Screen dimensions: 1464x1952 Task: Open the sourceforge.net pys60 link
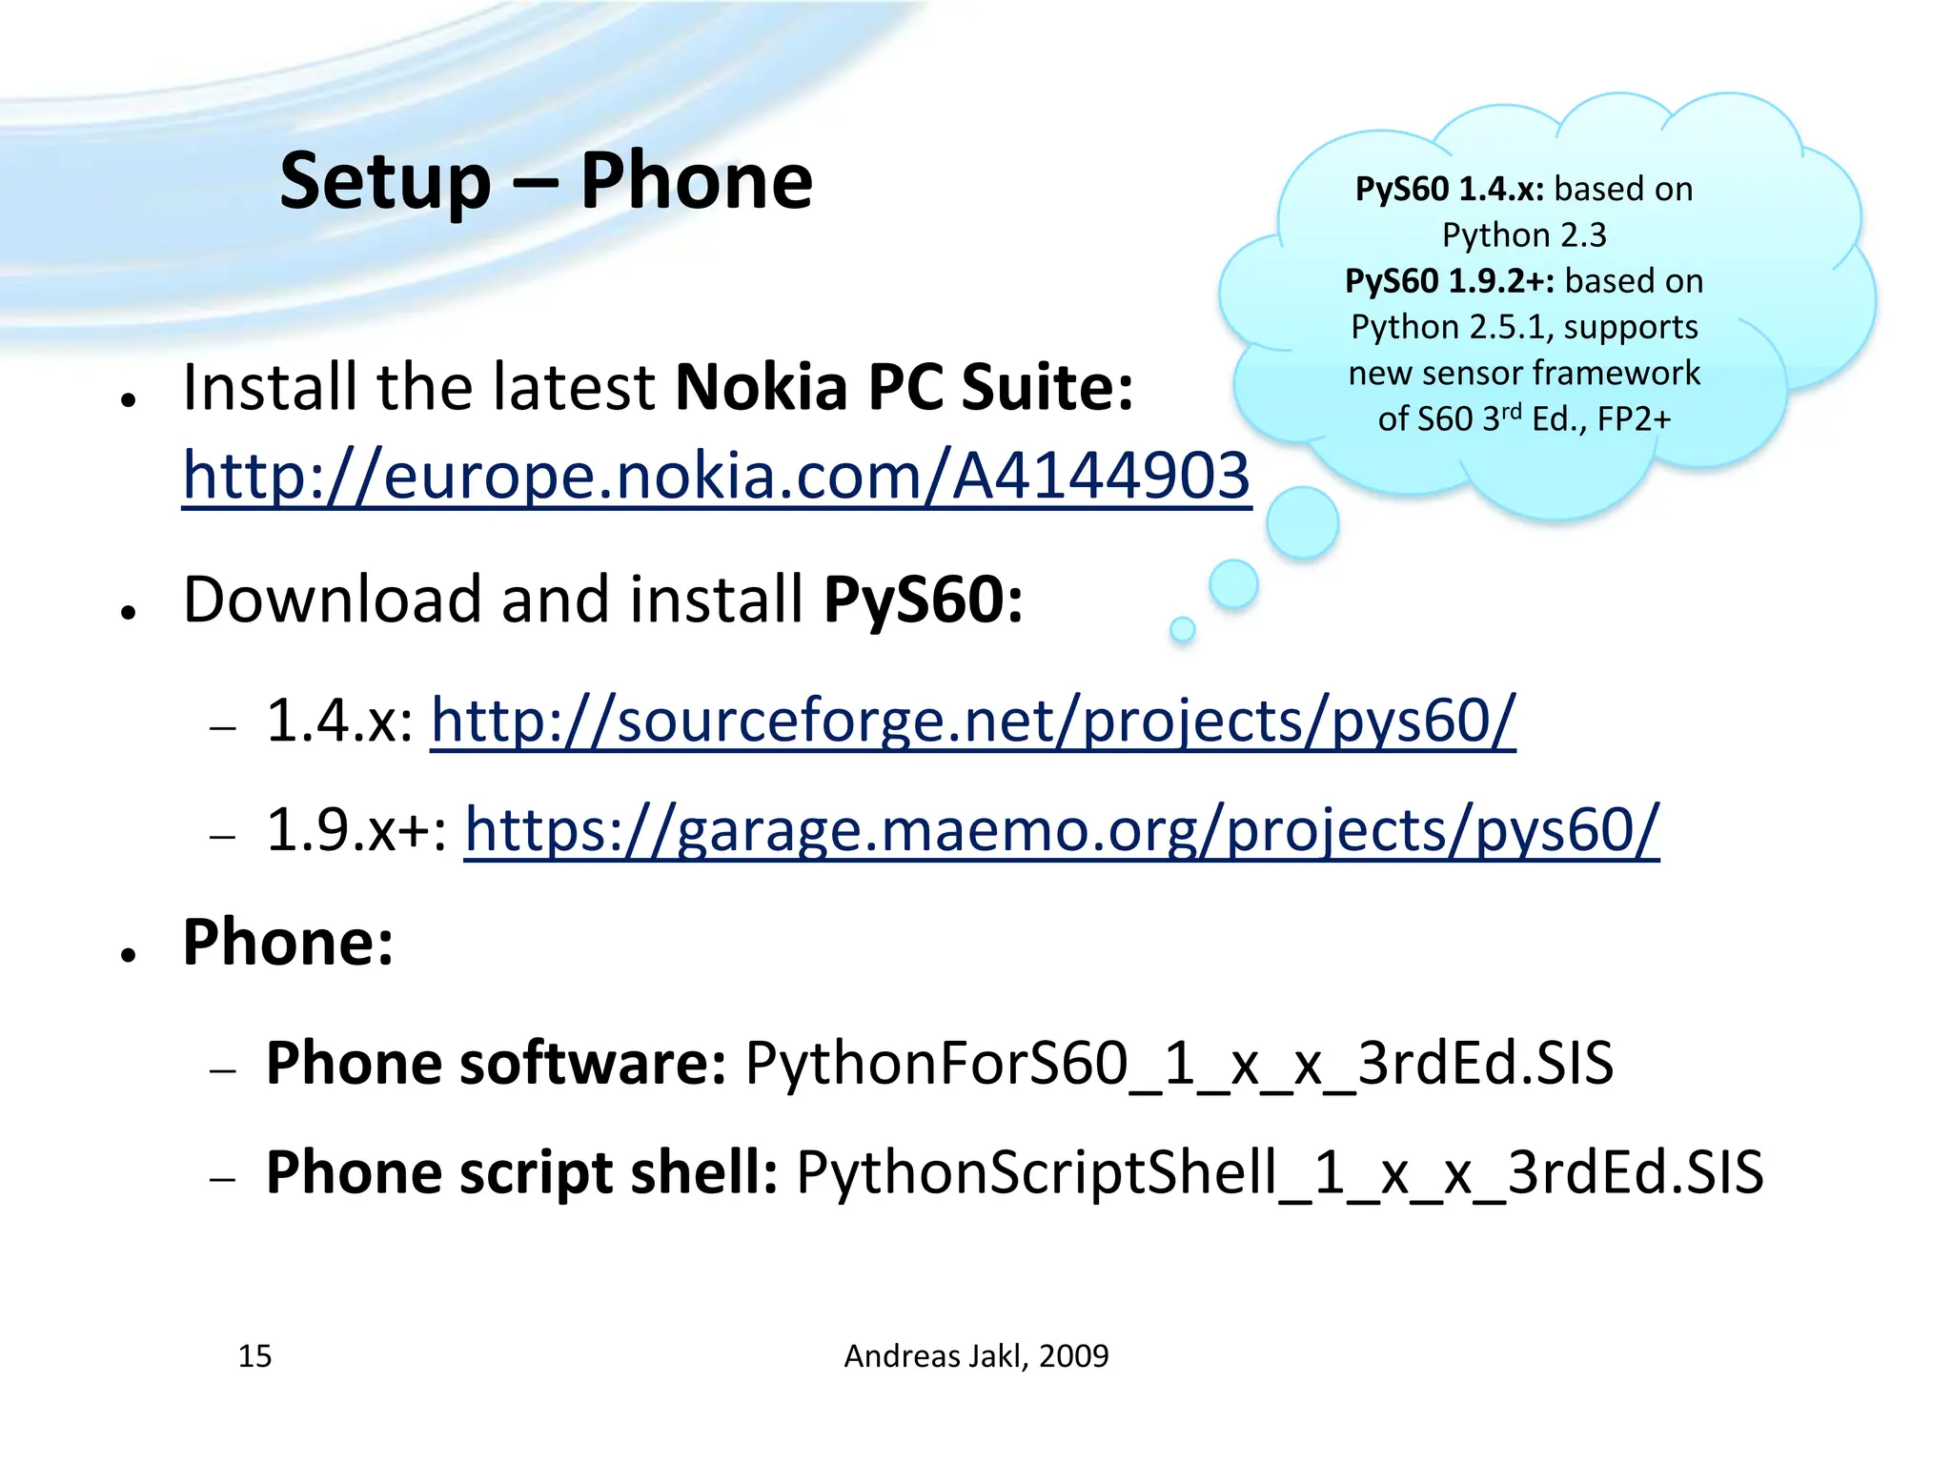point(972,720)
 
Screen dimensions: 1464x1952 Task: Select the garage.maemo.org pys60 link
point(1061,829)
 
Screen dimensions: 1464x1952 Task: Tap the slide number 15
point(254,1355)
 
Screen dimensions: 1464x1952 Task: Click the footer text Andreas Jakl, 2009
point(976,1355)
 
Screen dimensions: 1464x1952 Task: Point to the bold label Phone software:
point(496,1063)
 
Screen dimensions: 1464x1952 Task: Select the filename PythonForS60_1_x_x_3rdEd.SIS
point(1179,1063)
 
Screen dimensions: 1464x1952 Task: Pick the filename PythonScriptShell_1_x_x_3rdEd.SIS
point(1279,1172)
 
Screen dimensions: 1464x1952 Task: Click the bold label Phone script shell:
point(521,1172)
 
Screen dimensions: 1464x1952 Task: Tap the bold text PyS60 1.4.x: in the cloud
point(1449,189)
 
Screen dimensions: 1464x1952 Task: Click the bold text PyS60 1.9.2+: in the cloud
point(1449,281)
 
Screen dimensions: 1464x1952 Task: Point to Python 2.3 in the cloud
point(1524,234)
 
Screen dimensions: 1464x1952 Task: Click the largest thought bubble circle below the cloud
point(1302,522)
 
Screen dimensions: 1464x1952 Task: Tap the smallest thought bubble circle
point(1182,629)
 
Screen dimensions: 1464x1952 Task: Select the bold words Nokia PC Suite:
point(905,388)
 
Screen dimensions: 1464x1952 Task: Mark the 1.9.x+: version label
point(356,829)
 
